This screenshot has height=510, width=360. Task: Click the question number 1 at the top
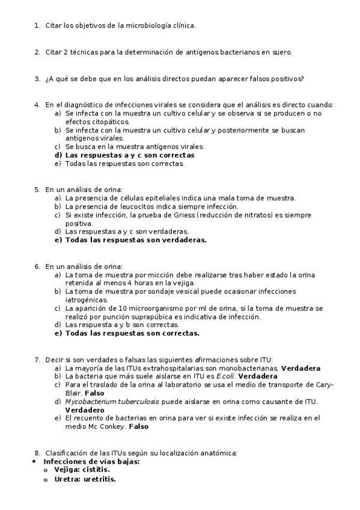36,25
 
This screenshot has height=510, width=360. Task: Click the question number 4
36,105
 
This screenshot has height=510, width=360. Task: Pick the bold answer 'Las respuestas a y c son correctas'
129,155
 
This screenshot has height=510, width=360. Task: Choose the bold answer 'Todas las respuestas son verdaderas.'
136,239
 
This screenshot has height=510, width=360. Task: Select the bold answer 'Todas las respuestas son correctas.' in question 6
132,333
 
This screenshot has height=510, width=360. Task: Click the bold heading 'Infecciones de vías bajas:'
91,461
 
